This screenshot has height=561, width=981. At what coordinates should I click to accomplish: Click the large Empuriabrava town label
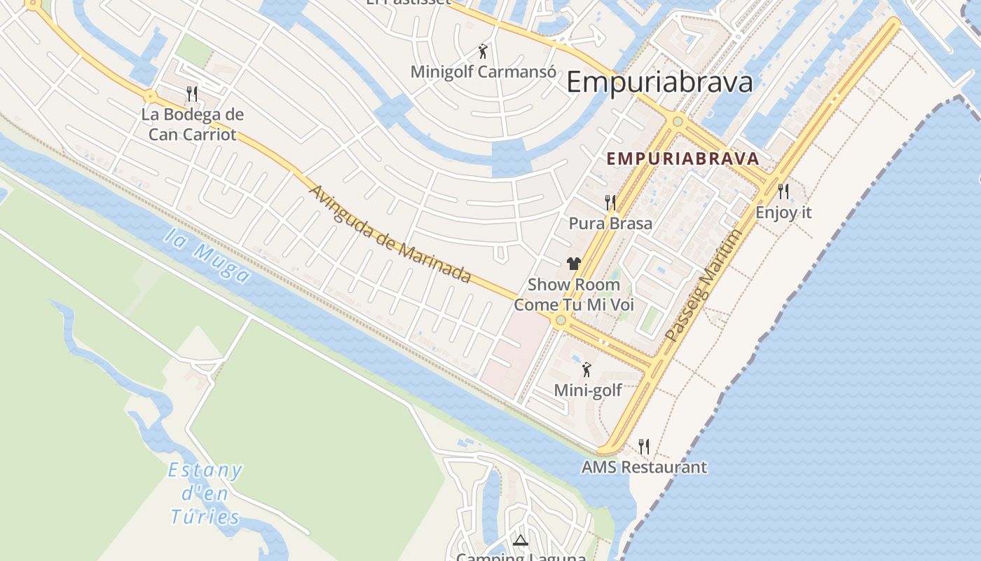659,83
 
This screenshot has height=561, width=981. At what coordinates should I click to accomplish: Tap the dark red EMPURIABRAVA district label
682,158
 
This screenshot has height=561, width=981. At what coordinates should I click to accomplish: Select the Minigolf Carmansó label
483,72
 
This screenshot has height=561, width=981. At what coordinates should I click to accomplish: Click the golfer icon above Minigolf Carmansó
482,50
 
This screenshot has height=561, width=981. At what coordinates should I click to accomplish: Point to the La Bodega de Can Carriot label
192,124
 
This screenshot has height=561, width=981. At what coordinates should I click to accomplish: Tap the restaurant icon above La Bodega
192,93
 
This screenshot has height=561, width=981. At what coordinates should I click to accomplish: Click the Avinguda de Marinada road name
390,234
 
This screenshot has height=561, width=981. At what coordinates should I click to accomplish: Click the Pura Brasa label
610,224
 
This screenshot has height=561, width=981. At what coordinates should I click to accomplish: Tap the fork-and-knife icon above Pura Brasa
610,203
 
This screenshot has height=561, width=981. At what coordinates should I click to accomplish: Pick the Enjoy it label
783,212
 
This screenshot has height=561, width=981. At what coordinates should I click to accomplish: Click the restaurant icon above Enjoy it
783,191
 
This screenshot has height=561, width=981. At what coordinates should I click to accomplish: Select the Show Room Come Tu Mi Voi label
574,295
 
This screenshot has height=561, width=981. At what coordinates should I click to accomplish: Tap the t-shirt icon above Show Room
574,264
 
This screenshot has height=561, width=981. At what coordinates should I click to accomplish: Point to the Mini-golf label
588,390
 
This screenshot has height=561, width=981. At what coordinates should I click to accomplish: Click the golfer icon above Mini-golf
586,369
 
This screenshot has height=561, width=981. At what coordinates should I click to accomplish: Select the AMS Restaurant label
644,467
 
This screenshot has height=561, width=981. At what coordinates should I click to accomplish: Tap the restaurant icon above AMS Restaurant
644,446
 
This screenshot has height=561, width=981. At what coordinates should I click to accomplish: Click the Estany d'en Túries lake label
205,494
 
